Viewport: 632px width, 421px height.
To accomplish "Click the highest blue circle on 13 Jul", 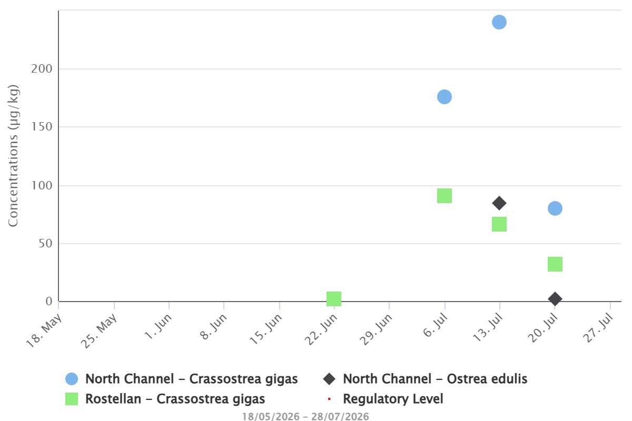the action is [499, 22].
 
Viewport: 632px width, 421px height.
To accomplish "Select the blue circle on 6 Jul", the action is [445, 97].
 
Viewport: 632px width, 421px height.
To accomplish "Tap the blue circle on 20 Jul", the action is [555, 208].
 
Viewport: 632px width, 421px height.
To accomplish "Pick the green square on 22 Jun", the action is [334, 299].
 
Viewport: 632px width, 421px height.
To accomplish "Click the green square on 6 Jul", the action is [445, 196].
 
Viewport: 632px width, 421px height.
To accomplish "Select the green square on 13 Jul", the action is [499, 224].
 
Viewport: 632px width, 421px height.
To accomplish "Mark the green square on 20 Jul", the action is [555, 264].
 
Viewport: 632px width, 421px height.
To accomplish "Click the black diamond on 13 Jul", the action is [499, 203].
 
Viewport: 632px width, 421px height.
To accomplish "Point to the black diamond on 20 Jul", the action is [555, 299].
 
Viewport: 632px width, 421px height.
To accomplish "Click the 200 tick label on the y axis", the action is [42, 69].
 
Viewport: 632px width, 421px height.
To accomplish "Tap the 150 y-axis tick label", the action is [42, 127].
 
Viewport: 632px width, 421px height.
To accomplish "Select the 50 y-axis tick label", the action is [45, 244].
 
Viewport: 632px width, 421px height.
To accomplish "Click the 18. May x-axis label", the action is [44, 330].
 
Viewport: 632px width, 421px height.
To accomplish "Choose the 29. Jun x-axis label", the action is [376, 329].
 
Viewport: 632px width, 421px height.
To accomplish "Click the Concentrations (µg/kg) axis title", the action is [13, 155].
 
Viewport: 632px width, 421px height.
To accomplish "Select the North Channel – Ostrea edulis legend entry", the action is [425, 379].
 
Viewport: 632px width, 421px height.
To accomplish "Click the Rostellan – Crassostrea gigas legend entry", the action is [165, 399].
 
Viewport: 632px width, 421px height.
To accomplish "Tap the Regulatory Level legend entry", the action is [386, 399].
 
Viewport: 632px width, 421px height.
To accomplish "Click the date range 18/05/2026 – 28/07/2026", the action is [305, 416].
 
